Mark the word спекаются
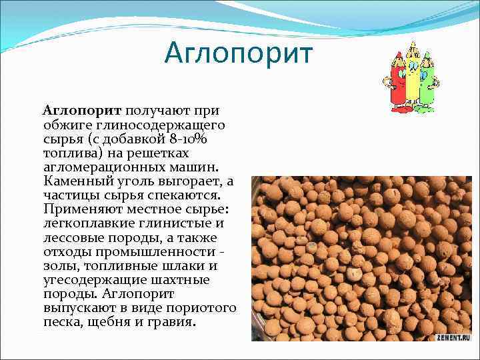175,195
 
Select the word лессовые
70,237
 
